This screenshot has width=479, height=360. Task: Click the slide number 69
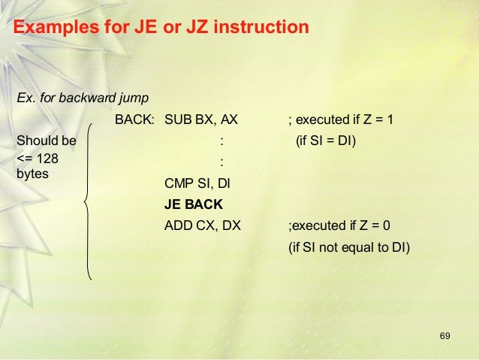(x=444, y=334)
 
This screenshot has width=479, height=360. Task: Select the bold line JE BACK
(x=193, y=204)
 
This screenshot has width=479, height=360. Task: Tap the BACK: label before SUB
(x=135, y=119)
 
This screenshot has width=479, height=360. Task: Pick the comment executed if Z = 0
(x=339, y=224)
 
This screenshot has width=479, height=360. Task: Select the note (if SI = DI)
(x=327, y=141)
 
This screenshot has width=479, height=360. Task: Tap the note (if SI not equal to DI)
(x=350, y=245)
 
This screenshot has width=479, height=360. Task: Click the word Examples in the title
(x=59, y=28)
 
